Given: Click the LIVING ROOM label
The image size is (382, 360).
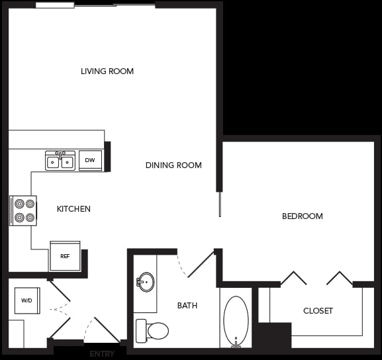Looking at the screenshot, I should point(107,71).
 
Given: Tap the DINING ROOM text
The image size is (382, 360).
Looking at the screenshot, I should point(173,165).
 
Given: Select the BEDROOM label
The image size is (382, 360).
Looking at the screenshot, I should point(302,216).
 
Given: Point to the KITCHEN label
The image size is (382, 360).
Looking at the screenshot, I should point(73,209).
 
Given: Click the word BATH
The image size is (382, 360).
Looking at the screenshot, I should point(187,306).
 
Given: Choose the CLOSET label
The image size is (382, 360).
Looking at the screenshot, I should point(318,311).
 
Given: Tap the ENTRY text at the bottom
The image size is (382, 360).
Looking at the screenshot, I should point(102,354).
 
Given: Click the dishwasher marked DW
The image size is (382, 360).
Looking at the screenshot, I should point(91,160).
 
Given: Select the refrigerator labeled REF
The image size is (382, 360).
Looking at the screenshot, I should point(65,256).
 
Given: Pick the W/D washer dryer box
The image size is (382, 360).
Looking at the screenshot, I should point(27,300).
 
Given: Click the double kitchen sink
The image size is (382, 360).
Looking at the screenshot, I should point(60,161).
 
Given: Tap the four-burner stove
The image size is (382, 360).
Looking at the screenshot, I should point(24,210).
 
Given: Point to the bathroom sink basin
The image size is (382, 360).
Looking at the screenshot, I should point(146,282).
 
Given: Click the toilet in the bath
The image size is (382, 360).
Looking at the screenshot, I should point(152,330).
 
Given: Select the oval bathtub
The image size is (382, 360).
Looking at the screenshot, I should point(236,321).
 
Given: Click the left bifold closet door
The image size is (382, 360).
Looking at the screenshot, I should point(293,278).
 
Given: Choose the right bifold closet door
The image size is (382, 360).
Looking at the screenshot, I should point(340,278).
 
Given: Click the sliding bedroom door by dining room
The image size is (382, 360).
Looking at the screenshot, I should point(220,204).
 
